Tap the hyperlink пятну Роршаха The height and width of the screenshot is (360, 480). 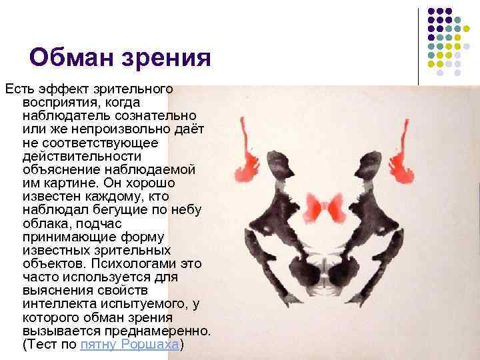(129, 345)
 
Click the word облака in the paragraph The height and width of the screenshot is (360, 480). (44, 225)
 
